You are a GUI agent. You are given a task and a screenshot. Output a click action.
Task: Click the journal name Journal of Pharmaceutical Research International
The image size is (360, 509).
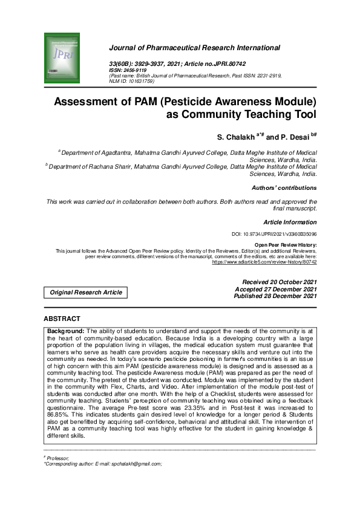[194, 48]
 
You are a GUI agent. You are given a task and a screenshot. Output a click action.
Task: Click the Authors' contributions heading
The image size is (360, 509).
[284, 188]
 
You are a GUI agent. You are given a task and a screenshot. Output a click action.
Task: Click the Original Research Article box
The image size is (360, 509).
[85, 293]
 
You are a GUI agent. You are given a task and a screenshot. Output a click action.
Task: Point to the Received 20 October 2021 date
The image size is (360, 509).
[279, 282]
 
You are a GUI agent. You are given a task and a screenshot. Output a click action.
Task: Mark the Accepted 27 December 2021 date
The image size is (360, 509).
[279, 289]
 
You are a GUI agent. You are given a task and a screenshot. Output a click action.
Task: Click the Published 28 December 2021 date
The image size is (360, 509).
[278, 296]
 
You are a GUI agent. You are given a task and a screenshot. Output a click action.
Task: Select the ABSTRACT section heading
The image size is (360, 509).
[62, 319]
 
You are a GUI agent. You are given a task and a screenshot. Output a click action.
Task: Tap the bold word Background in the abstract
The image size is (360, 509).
[66, 331]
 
